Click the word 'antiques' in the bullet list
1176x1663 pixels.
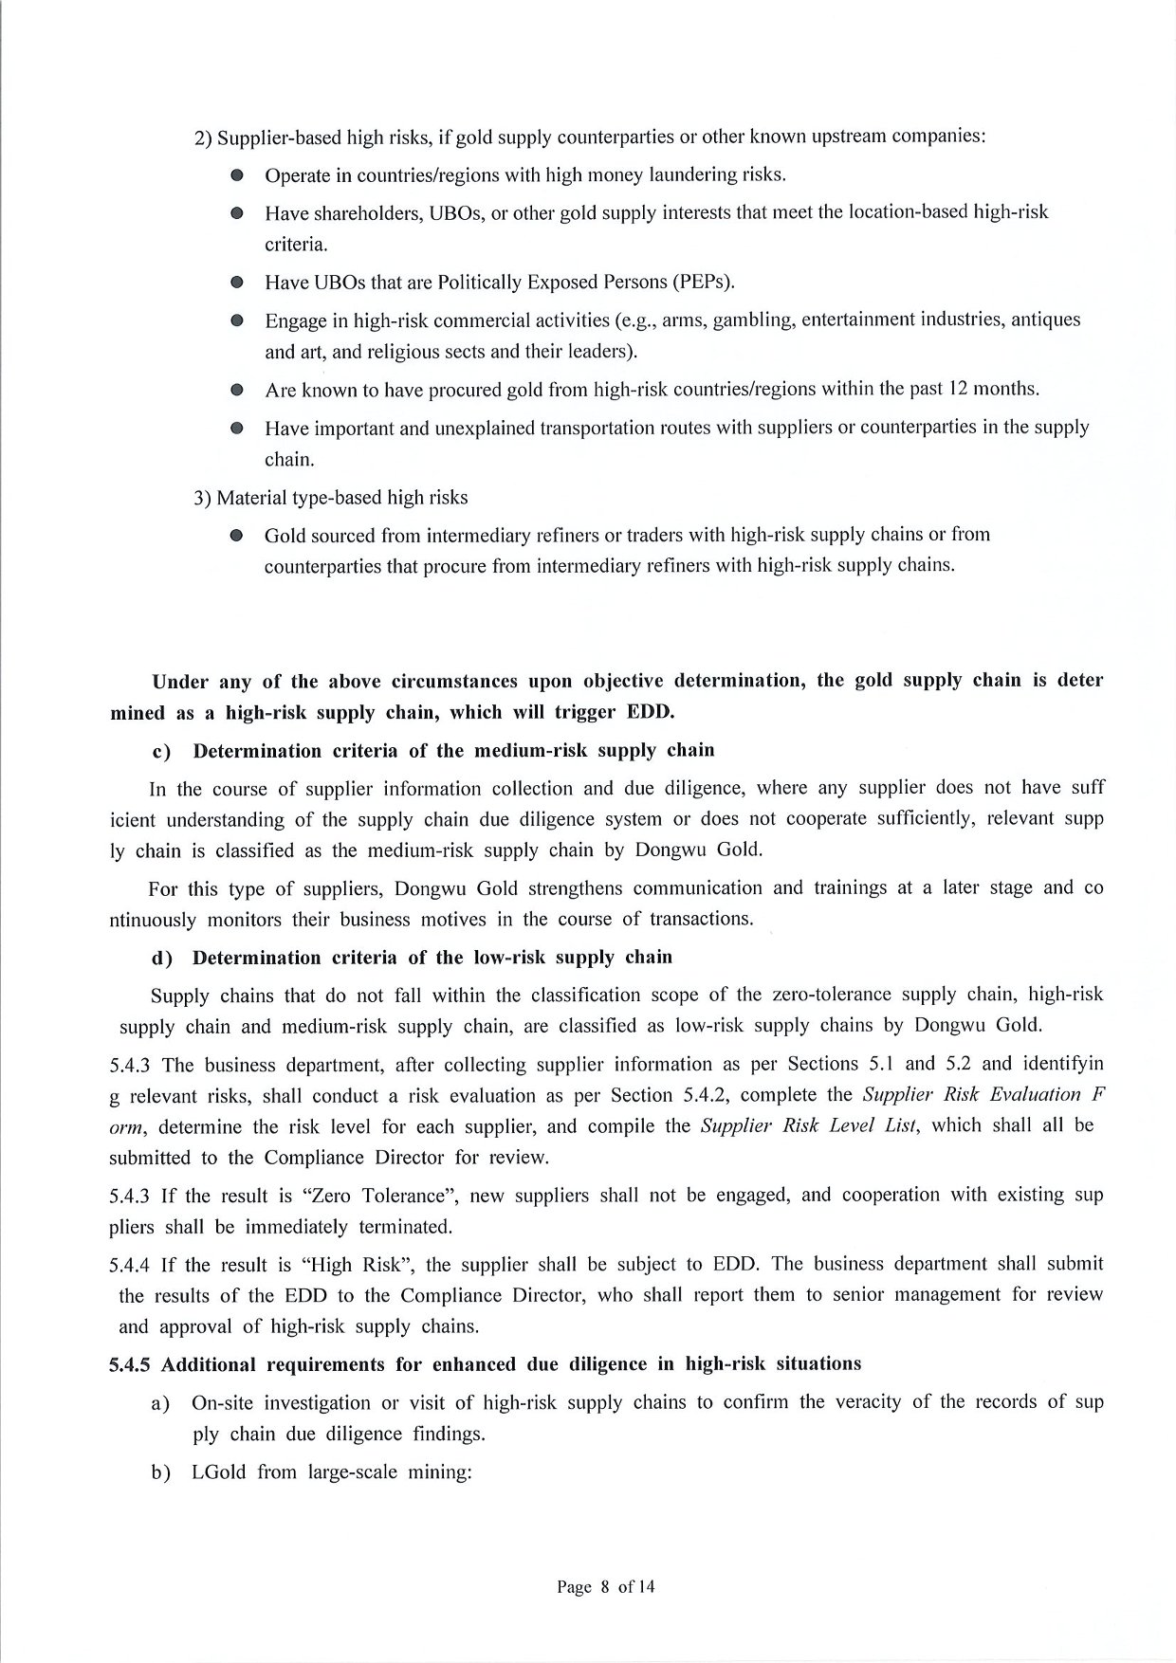(x=1046, y=320)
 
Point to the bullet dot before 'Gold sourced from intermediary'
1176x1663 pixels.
(x=237, y=536)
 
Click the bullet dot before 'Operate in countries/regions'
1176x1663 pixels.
(x=237, y=175)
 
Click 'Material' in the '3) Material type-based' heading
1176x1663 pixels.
(x=249, y=497)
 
